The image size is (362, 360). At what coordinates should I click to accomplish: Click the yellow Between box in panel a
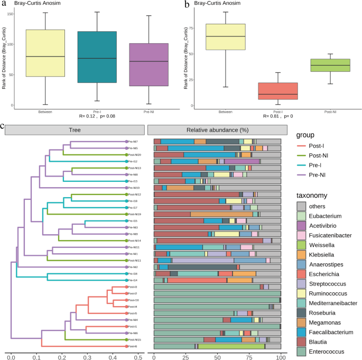(x=45, y=53)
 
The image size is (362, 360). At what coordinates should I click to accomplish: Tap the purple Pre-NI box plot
(x=148, y=64)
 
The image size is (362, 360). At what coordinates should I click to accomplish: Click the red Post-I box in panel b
(x=277, y=91)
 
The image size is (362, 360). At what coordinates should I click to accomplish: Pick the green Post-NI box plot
(x=330, y=65)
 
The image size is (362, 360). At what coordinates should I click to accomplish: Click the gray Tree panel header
(x=74, y=130)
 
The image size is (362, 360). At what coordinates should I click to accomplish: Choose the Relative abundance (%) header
(x=216, y=130)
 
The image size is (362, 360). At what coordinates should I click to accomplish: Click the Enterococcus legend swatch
(x=302, y=352)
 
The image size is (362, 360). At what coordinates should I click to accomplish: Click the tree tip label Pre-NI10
(x=132, y=188)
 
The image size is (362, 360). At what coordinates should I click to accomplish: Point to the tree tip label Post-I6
(x=132, y=346)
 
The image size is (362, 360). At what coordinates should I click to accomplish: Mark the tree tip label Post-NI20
(x=133, y=155)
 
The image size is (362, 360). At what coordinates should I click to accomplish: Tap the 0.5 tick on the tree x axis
(x=138, y=358)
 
